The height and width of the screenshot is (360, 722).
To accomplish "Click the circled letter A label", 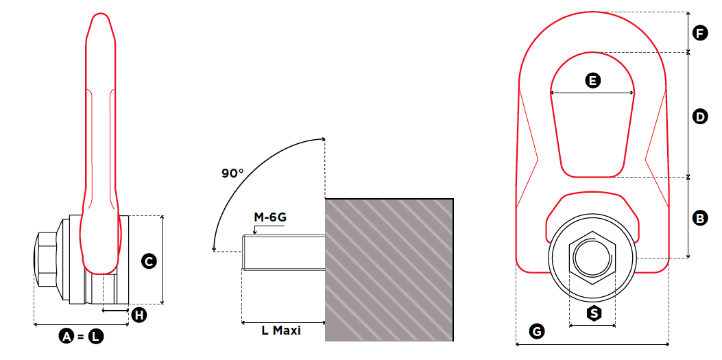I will [x=67, y=336].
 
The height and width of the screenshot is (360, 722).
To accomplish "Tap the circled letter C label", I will [x=147, y=261].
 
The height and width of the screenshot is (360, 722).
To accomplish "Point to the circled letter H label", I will [x=139, y=315].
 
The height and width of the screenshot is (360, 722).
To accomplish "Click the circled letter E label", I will [x=592, y=81].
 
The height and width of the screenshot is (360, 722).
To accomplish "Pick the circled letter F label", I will [x=699, y=32].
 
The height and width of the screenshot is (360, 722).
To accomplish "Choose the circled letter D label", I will [x=699, y=117].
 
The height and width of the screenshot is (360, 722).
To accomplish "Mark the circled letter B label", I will [x=699, y=219].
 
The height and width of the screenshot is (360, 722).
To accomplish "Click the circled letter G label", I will [x=538, y=332].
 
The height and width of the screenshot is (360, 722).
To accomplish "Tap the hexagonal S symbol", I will [x=594, y=313].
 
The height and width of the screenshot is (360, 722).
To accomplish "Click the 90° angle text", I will [x=232, y=173].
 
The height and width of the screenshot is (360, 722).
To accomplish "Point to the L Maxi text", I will [x=281, y=331].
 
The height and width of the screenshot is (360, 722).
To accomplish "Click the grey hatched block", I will [x=389, y=269].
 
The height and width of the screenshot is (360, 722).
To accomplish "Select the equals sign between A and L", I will [x=81, y=336].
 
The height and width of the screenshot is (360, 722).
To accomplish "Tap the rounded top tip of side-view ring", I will [x=101, y=17].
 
